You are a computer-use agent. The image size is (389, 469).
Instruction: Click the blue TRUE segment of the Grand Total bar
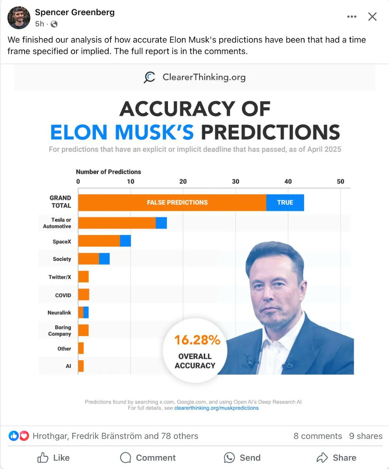point(285,202)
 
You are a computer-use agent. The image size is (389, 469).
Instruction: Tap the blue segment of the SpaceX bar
point(125,241)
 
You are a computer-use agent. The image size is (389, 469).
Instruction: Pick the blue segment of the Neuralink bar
point(86,313)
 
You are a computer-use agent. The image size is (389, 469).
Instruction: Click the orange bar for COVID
point(84,295)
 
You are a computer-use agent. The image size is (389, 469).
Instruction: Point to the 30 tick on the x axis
point(236,181)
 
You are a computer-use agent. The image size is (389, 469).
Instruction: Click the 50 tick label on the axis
point(341,181)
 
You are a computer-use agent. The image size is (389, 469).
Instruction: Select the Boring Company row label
point(60,331)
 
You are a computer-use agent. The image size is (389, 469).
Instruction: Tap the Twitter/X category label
point(60,277)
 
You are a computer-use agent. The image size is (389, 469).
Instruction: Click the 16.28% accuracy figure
point(197,340)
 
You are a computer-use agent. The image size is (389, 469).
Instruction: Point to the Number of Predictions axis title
point(108,172)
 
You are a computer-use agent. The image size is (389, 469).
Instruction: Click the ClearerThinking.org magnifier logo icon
point(149,77)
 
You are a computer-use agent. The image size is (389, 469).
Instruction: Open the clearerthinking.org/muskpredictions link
point(216,408)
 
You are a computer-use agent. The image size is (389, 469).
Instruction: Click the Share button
point(336,458)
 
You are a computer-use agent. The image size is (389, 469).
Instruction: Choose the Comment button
point(148,458)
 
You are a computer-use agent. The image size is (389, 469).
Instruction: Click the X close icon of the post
point(372,17)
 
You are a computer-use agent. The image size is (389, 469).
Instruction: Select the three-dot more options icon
point(352,17)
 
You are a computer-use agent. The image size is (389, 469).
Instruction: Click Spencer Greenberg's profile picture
point(19,18)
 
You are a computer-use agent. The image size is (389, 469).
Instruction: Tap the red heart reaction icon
point(24,436)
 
